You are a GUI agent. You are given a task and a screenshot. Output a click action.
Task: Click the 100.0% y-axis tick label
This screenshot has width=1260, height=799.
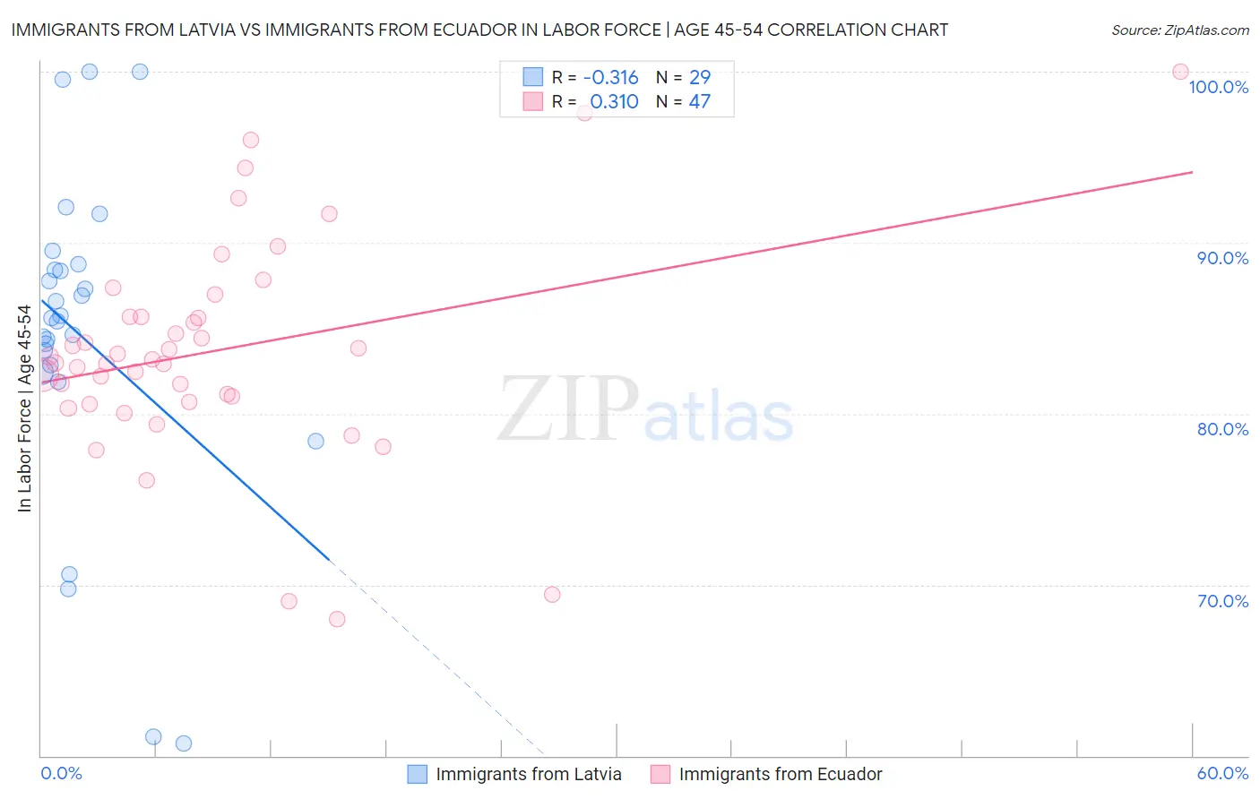1218,87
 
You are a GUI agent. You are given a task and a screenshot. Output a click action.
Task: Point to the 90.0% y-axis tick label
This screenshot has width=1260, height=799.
1222,258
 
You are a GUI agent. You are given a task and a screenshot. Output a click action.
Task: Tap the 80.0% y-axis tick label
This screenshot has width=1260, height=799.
1222,429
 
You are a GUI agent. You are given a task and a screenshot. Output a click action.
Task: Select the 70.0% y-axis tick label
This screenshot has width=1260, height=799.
1222,601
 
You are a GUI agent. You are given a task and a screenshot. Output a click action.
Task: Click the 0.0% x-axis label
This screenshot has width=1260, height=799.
61,773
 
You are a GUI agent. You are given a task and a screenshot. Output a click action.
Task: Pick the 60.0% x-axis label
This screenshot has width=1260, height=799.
1222,773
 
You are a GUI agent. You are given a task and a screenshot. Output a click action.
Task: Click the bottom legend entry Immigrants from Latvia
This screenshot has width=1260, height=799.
528,774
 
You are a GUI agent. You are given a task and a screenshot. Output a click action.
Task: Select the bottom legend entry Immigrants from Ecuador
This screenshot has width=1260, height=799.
780,774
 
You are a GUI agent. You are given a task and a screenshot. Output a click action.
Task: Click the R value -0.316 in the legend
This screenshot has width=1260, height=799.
610,78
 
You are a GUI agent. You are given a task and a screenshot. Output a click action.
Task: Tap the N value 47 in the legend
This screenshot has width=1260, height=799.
699,102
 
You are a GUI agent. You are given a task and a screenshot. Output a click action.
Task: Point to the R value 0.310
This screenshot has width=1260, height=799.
614,102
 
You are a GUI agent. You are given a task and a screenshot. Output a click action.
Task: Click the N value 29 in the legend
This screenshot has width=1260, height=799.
699,78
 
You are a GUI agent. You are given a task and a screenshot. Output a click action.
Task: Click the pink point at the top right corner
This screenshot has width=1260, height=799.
1180,72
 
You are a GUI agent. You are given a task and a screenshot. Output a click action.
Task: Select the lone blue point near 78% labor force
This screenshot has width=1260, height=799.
315,441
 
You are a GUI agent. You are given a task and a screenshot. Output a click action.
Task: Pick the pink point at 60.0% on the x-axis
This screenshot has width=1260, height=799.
1180,72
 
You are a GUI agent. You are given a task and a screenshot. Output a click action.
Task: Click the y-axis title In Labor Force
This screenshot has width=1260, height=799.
24,408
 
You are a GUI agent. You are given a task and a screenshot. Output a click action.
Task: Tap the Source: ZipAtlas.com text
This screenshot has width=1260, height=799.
1179,30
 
